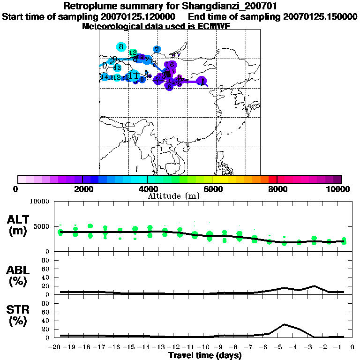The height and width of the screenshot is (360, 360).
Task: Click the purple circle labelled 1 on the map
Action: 202,81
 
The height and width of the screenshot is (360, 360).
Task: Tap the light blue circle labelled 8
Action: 121,46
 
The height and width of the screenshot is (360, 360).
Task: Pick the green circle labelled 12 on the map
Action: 133,53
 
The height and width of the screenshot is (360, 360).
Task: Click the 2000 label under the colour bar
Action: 82,189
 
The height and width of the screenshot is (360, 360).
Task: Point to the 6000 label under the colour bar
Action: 212,189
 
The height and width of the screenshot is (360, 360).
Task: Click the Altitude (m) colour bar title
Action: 173,196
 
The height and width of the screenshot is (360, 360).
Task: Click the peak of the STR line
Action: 284,324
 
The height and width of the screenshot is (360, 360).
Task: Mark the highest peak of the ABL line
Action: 314,286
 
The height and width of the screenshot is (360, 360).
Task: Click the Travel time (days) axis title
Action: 205,356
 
